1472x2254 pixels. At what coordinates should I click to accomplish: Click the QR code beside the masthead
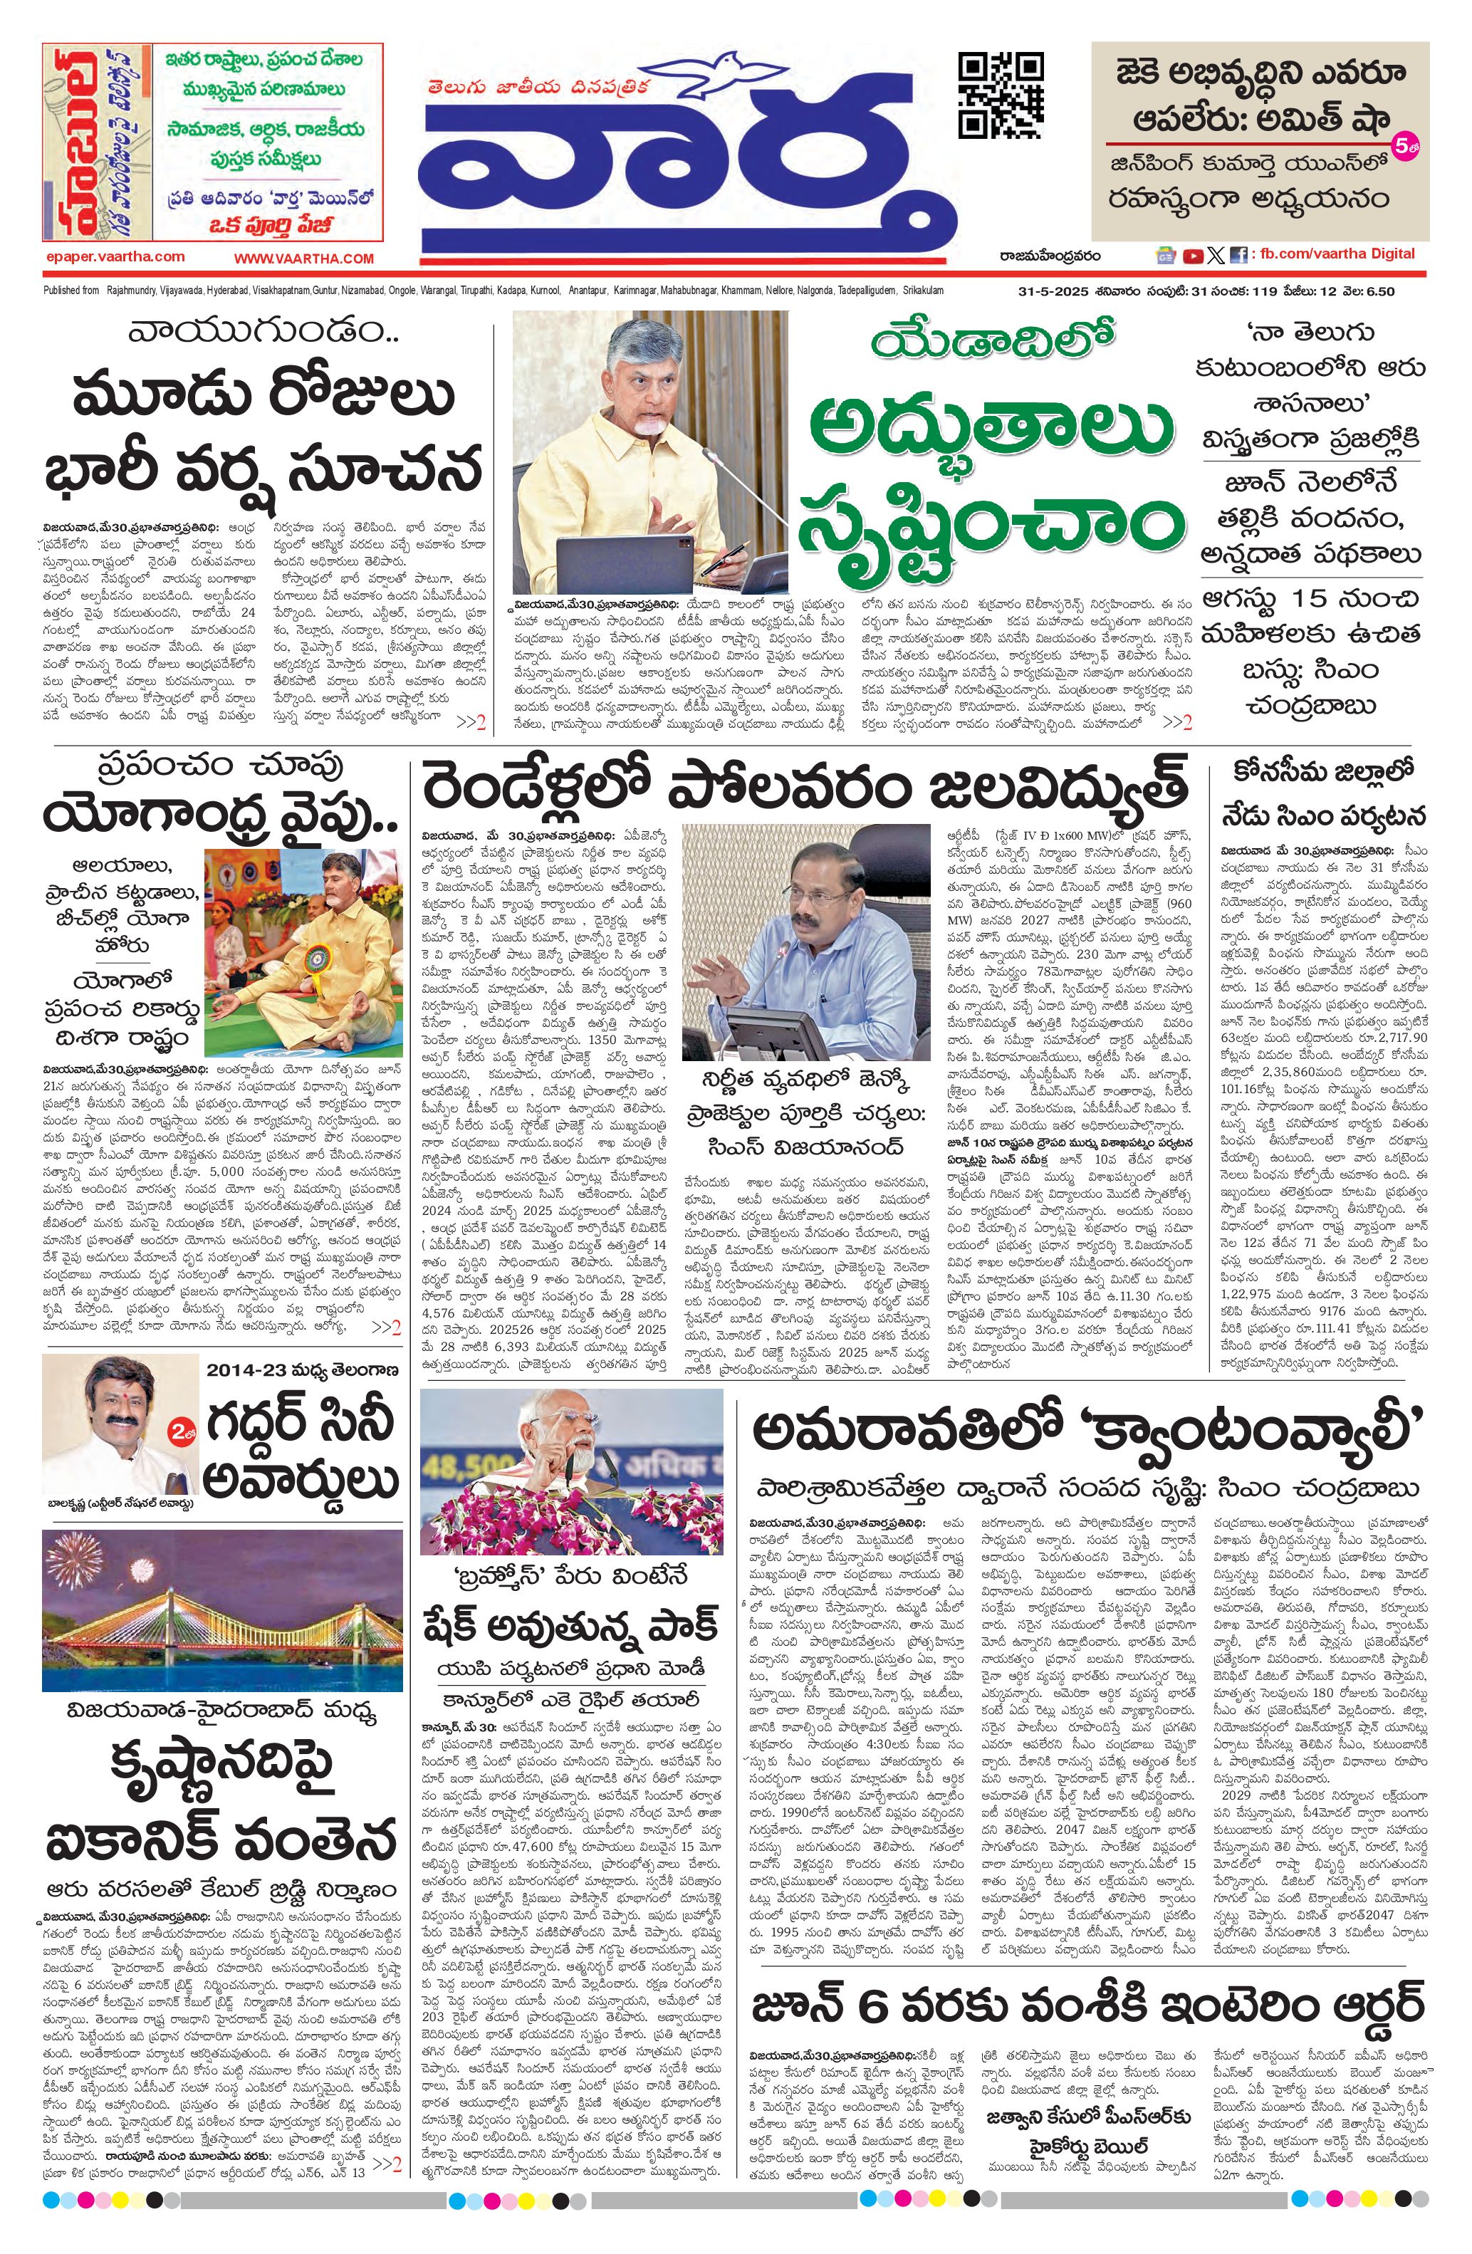pos(1001,95)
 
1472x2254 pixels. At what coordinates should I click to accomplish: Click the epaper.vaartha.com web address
pos(115,256)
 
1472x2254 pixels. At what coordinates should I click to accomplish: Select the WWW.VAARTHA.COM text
pos(304,258)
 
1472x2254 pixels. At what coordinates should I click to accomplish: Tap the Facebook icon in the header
pos(1238,255)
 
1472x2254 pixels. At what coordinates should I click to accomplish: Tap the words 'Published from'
pos(72,291)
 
